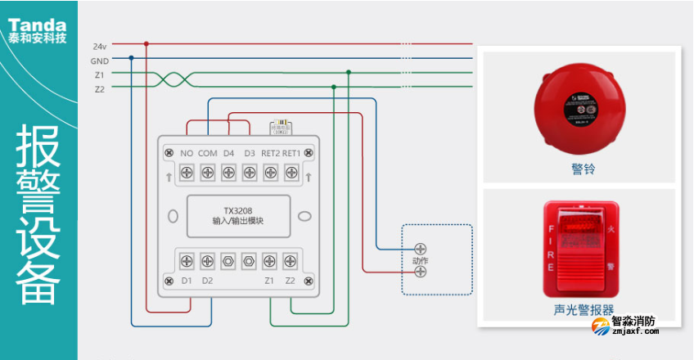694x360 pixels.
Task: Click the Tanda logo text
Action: pyautogui.click(x=38, y=18)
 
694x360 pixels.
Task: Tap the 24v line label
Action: pyautogui.click(x=100, y=45)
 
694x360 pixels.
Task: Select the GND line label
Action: pyautogui.click(x=100, y=60)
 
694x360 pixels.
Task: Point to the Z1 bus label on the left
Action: pyautogui.click(x=99, y=74)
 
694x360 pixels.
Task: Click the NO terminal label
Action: pyautogui.click(x=186, y=153)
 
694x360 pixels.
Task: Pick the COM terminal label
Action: pyautogui.click(x=207, y=153)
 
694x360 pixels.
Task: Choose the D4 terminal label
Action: pyautogui.click(x=228, y=153)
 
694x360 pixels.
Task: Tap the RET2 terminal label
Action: pyautogui.click(x=271, y=153)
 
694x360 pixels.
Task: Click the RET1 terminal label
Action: pyautogui.click(x=292, y=153)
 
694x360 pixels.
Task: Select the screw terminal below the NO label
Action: pyautogui.click(x=187, y=173)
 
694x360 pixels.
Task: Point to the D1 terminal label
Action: pyautogui.click(x=187, y=281)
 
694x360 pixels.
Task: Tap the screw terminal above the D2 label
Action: pyautogui.click(x=207, y=261)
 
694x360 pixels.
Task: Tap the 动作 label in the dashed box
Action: pyautogui.click(x=420, y=260)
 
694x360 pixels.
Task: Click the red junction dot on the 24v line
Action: pyautogui.click(x=146, y=44)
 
